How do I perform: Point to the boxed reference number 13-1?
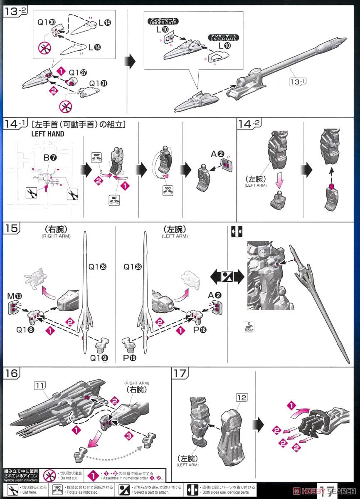(298, 82)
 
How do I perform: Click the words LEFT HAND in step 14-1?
(48, 134)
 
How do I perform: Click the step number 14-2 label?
(249, 124)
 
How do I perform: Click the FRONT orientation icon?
(249, 327)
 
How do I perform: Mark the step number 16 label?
(12, 373)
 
